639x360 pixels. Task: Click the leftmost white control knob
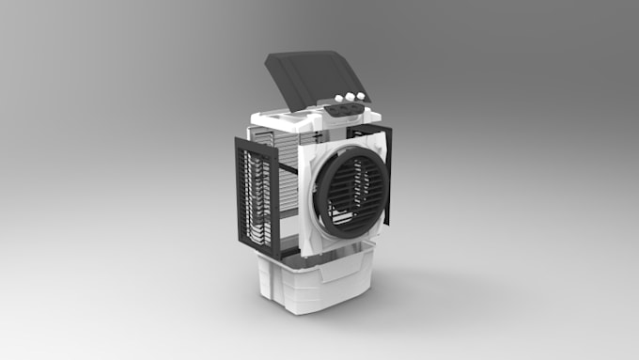[340, 100]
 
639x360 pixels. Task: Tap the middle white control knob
[351, 97]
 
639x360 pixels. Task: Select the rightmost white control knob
[361, 95]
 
